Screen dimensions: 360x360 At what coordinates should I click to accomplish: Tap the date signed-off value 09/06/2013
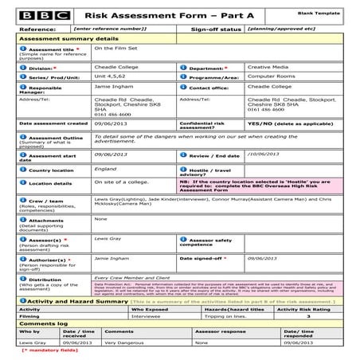click(263, 258)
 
